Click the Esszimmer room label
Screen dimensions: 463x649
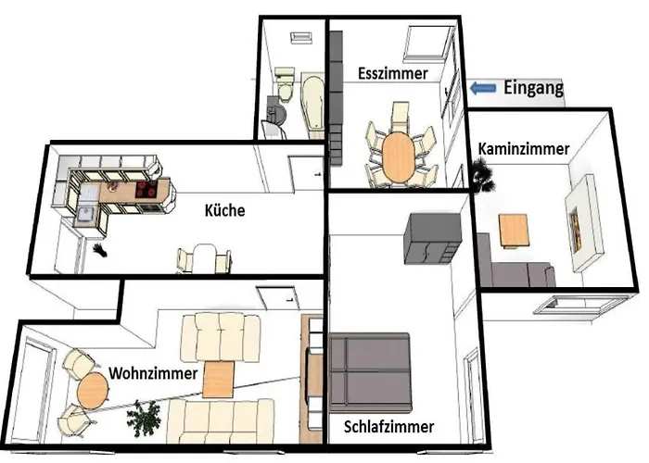pyautogui.click(x=393, y=73)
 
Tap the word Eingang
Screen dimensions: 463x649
pyautogui.click(x=533, y=89)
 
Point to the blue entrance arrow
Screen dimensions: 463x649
pyautogui.click(x=482, y=89)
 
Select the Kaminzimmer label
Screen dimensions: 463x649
pyautogui.click(x=524, y=148)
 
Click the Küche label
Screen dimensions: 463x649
pyautogui.click(x=224, y=210)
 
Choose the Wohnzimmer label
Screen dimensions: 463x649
pyautogui.click(x=153, y=373)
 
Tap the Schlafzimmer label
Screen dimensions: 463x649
pyautogui.click(x=388, y=428)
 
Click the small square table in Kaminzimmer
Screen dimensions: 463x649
pyautogui.click(x=514, y=230)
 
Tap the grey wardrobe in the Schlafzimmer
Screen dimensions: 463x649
pyautogui.click(x=432, y=237)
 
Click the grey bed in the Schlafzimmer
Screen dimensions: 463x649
pyautogui.click(x=369, y=370)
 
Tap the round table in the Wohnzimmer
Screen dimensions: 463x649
pyautogui.click(x=91, y=391)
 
